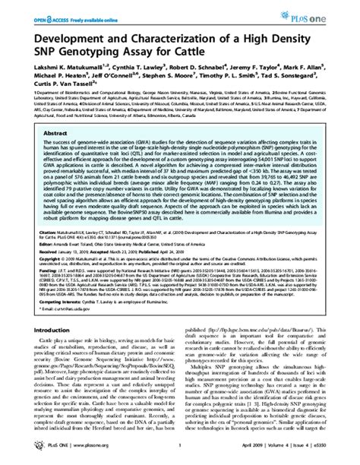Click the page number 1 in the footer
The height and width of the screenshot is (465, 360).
tap(180, 450)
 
